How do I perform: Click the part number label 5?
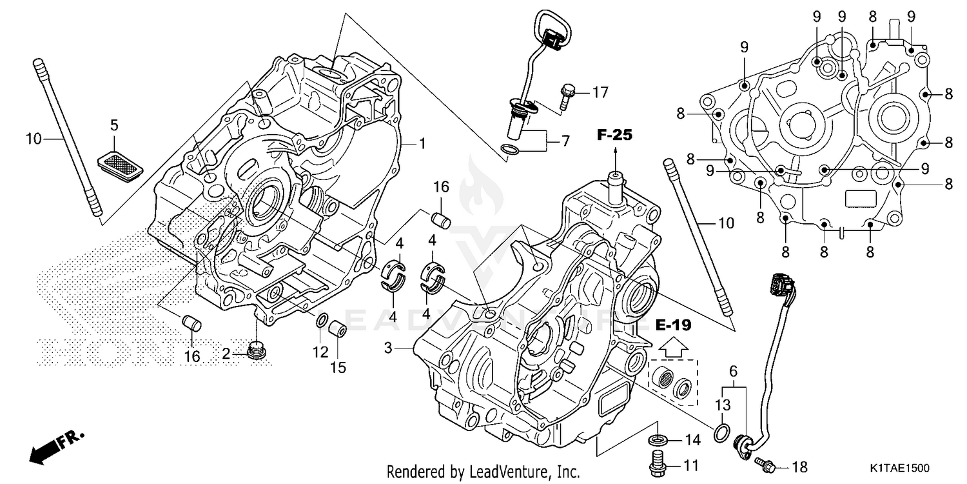pyautogui.click(x=114, y=125)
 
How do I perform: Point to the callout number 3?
pyautogui.click(x=388, y=348)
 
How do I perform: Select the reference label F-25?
pyautogui.click(x=614, y=135)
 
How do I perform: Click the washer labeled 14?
pyautogui.click(x=656, y=440)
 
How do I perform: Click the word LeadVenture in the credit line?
pyautogui.click(x=494, y=471)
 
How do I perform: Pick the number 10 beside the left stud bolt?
pyautogui.click(x=34, y=138)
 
